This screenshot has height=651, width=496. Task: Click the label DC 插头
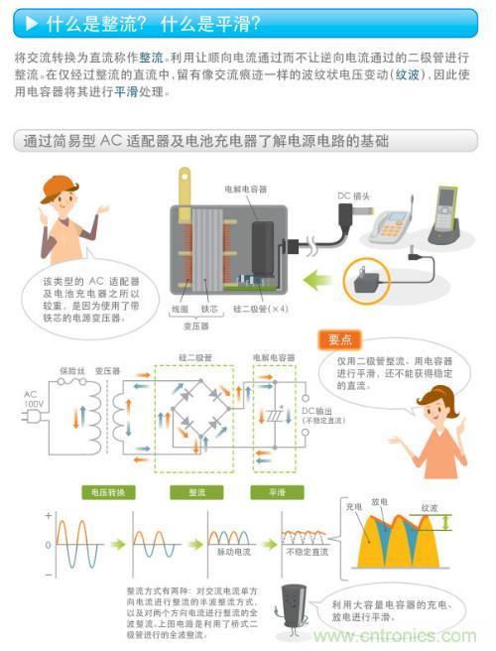[x=355, y=196]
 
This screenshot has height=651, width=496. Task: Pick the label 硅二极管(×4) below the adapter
[x=261, y=309]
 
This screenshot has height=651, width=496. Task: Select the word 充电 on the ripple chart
[x=353, y=508]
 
